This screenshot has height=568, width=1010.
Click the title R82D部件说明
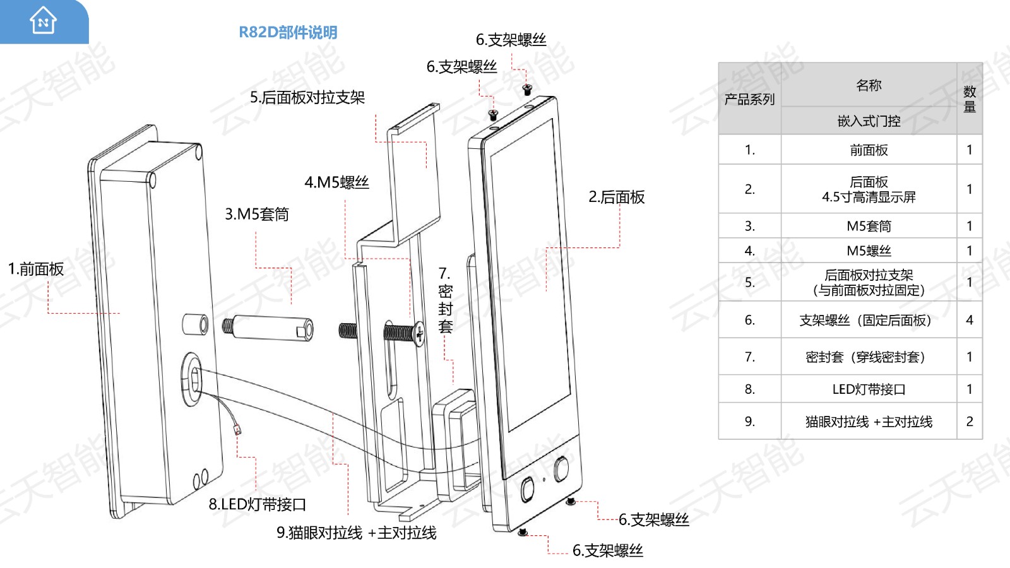point(288,32)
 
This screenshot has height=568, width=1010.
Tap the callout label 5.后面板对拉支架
point(307,97)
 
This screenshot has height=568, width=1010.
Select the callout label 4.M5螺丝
point(336,182)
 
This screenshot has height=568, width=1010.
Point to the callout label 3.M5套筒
point(257,215)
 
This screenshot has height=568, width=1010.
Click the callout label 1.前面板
point(36,269)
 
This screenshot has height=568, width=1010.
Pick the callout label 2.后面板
point(617,198)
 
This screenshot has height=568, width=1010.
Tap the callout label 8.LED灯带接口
point(258,505)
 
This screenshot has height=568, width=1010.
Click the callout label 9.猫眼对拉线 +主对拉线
point(356,533)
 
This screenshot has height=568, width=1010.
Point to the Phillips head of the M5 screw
point(420,333)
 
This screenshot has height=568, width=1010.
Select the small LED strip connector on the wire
point(237,431)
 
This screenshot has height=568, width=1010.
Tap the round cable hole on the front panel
point(193,379)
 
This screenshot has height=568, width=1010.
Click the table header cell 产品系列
point(749,99)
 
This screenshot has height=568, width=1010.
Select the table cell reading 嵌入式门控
point(869,121)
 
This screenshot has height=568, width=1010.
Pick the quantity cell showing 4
point(970,320)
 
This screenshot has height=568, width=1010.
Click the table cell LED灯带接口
point(869,389)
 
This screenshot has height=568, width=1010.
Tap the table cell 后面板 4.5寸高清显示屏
point(869,189)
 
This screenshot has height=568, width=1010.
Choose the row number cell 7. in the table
point(749,357)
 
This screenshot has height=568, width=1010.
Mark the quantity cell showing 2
point(970,422)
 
